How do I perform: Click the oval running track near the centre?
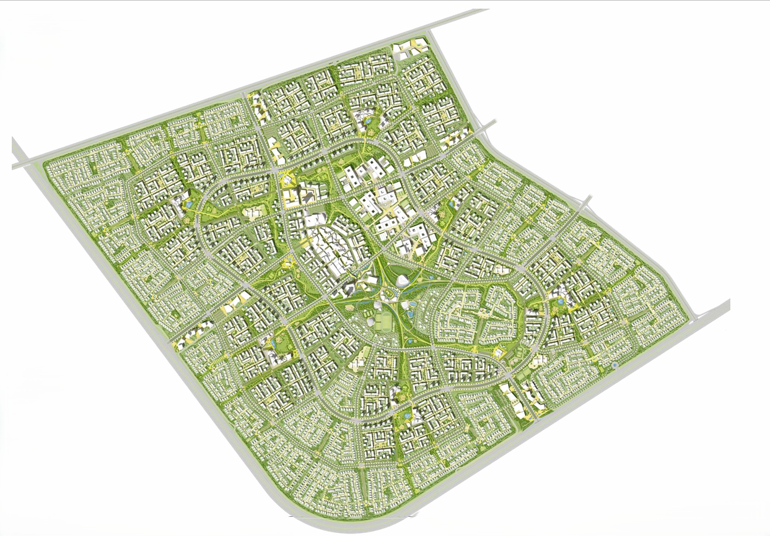click(385, 322)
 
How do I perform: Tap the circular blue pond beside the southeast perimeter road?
click(615, 366)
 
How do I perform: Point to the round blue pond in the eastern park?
click(561, 301)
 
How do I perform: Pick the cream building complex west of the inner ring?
click(253, 213)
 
